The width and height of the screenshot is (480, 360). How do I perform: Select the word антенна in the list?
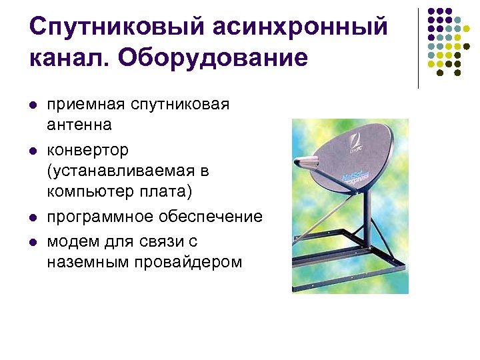point(79,125)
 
